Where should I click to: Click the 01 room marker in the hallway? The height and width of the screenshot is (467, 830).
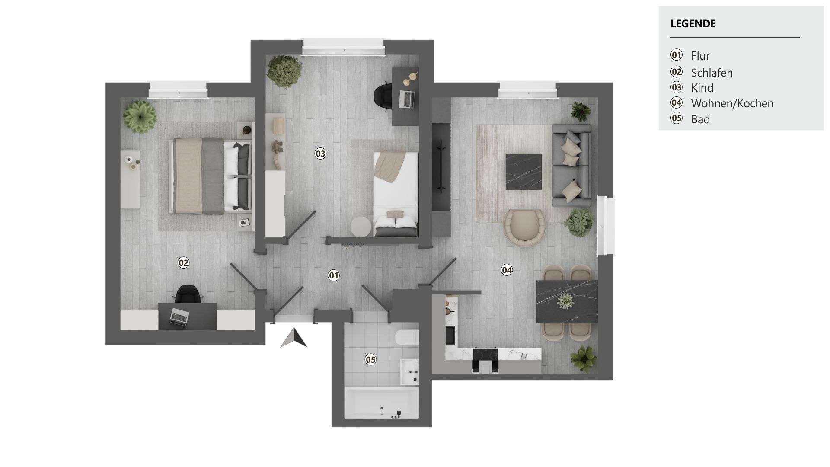(333, 275)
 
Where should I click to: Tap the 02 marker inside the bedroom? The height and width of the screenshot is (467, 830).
(183, 262)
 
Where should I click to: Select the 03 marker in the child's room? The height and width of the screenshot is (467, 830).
(320, 154)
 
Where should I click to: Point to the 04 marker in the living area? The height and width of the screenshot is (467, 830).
(507, 270)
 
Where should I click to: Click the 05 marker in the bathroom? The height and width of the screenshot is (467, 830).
(370, 360)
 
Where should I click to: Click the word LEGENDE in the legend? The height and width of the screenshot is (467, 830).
(693, 24)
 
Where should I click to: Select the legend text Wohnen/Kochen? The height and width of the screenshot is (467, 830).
(732, 103)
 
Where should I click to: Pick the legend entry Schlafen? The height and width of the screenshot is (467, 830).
(712, 73)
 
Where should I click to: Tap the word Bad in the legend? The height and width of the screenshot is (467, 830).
(701, 119)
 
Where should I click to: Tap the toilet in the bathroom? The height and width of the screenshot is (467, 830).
(407, 337)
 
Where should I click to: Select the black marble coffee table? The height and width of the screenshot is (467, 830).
(524, 172)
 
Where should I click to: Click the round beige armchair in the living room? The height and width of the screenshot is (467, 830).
(525, 228)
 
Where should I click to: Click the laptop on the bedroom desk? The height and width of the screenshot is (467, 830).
(179, 317)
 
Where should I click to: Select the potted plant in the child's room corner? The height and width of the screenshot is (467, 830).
(284, 71)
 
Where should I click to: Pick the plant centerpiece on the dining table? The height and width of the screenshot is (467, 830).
(565, 301)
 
